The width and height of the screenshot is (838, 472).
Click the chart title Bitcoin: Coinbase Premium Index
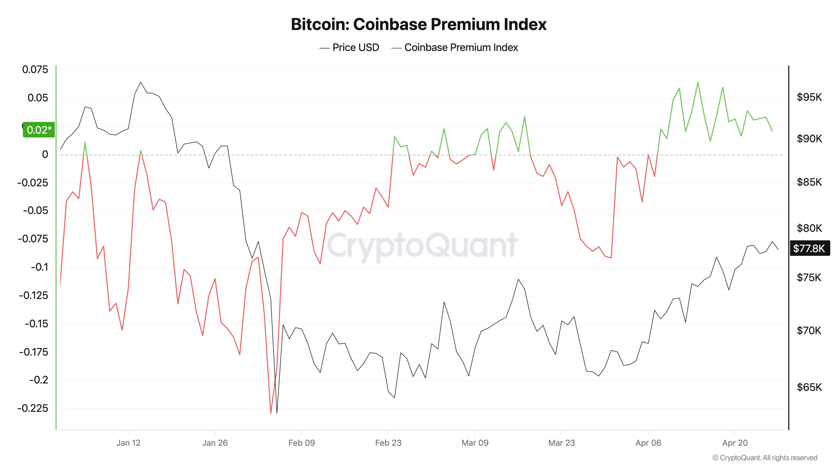point(418,24)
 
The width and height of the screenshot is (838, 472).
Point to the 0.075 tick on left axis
point(35,69)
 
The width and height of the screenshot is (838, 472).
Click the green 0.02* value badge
point(39,130)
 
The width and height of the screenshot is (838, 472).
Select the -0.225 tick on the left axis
point(33,408)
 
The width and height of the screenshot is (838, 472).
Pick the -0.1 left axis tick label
point(39,267)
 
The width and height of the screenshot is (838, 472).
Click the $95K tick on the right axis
point(809,97)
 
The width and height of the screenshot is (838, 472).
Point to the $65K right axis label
point(809,387)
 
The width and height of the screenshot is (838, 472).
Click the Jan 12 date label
point(128,443)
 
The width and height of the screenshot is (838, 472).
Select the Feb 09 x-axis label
point(301,443)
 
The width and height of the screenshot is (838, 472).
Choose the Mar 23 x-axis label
point(561,443)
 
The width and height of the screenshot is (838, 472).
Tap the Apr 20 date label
point(735,443)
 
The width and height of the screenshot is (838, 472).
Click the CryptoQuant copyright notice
point(765,458)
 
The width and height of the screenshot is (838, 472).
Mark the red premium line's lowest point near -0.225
point(271,413)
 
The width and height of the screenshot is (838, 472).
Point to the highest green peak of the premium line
point(698,82)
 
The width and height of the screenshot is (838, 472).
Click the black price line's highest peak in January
point(141,82)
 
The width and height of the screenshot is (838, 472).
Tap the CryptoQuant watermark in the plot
point(422,245)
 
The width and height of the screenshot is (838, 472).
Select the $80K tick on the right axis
point(809,228)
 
